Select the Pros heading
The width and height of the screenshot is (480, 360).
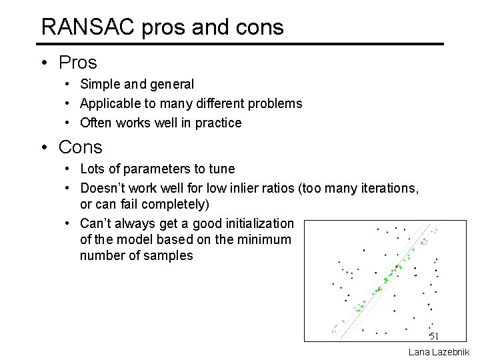click(77, 63)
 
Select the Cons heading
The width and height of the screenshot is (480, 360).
click(80, 147)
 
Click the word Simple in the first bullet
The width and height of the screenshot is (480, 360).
click(98, 85)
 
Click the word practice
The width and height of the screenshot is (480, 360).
click(219, 123)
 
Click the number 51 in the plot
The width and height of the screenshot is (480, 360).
click(434, 335)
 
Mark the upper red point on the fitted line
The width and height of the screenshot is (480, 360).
click(398, 267)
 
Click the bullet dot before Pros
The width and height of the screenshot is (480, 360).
click(43, 63)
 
